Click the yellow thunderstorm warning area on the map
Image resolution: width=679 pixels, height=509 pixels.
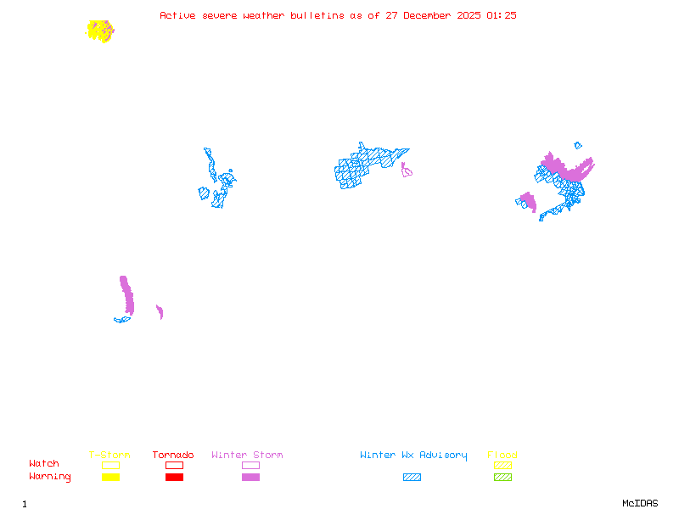point(99,31)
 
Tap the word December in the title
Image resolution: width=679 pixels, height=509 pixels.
point(432,15)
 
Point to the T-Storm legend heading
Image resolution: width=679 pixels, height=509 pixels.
point(109,456)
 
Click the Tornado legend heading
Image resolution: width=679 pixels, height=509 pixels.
point(173,456)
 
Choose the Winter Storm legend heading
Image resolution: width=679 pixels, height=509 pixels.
point(247,456)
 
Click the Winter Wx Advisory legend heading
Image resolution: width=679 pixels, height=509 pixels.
point(413,456)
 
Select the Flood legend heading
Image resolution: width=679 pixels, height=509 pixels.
point(502,456)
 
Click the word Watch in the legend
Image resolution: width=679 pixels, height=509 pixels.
point(44,464)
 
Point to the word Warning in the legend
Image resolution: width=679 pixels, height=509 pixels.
point(50,477)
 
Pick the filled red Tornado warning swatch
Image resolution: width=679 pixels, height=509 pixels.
point(174,478)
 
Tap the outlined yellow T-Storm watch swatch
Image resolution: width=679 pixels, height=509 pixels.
point(110,465)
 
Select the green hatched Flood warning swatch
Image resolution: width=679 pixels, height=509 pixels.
point(502,478)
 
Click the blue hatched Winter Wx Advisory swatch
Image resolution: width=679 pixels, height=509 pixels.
point(412,478)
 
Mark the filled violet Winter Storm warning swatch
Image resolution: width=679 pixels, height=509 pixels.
point(250,478)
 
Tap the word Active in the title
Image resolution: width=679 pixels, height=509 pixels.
point(177,15)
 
